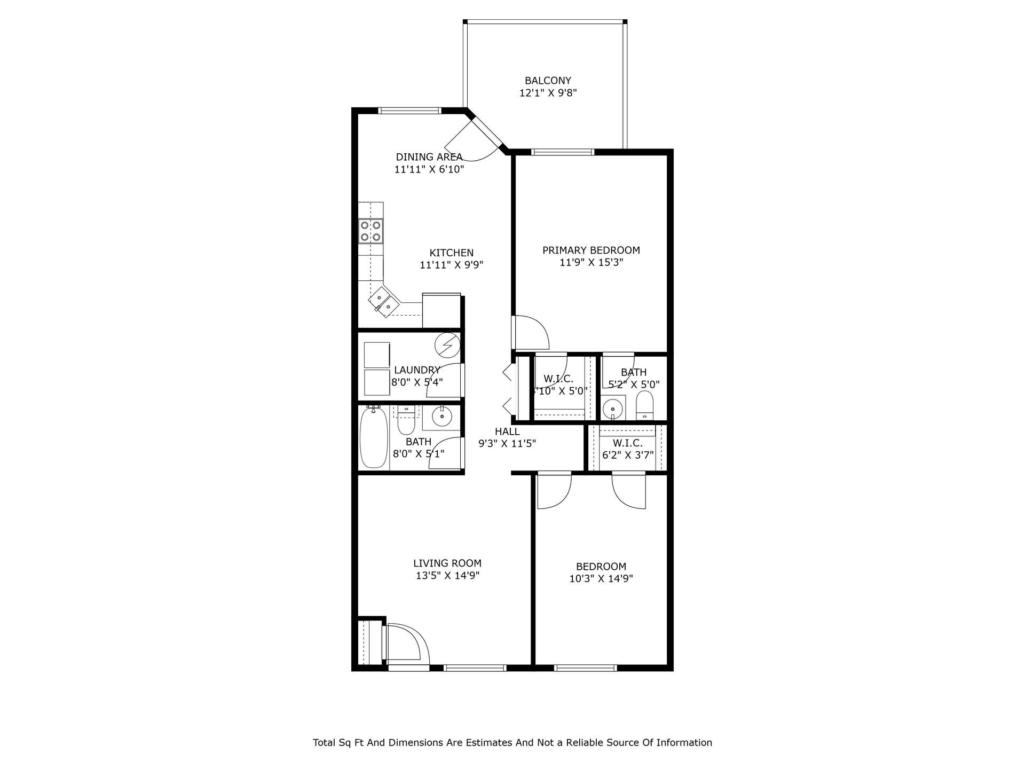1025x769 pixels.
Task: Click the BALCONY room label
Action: tap(548, 81)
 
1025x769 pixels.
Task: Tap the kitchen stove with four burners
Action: tap(370, 231)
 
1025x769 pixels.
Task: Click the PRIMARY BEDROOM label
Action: tap(591, 250)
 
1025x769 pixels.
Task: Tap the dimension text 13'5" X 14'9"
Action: tap(447, 576)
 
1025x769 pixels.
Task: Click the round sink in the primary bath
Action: tap(613, 409)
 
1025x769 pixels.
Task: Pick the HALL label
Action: tap(507, 431)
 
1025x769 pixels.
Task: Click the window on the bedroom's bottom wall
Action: tap(586, 668)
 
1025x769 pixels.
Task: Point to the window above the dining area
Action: tap(410, 111)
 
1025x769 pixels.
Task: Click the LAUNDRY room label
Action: tap(417, 370)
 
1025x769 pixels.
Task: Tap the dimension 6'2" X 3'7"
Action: tap(627, 455)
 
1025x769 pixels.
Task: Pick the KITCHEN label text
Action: tap(452, 253)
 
